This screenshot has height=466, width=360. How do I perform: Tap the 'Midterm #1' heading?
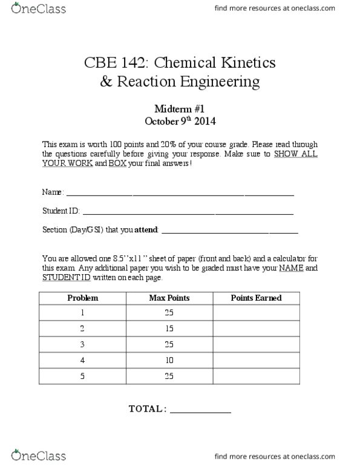pos(180,108)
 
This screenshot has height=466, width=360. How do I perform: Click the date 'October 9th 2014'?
pos(180,120)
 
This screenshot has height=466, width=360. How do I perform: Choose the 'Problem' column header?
pos(82,298)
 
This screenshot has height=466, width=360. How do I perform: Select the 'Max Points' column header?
pos(169,298)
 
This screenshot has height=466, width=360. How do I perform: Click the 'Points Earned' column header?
pos(256,298)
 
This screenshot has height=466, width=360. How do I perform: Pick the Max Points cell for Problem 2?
pos(169,329)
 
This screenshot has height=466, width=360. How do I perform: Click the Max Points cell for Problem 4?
pos(169,360)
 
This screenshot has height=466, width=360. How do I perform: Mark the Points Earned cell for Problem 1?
pos(256,313)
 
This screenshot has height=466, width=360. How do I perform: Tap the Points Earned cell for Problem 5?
pos(256,375)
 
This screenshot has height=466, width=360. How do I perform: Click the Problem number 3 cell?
pos(82,344)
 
